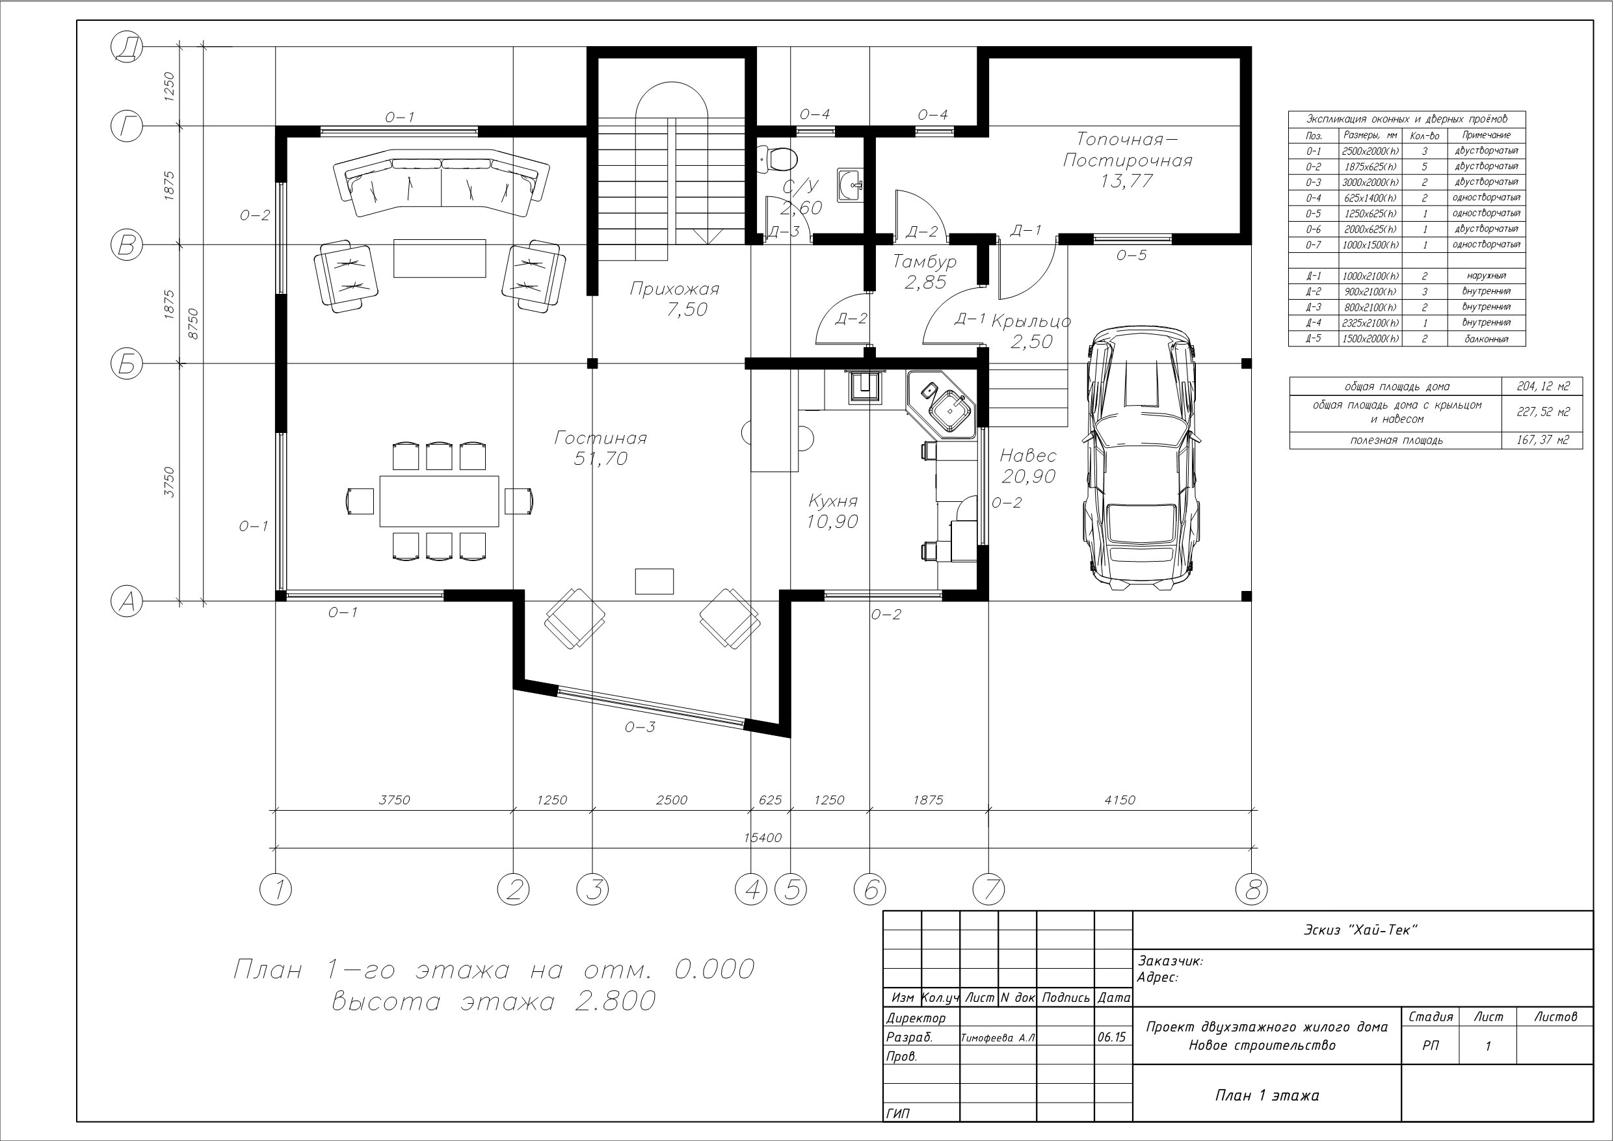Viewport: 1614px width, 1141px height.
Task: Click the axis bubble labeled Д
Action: click(x=127, y=48)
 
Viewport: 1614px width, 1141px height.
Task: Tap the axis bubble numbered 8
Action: click(x=1252, y=890)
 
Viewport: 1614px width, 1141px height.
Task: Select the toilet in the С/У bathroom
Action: click(x=775, y=158)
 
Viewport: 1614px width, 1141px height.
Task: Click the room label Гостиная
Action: click(x=600, y=438)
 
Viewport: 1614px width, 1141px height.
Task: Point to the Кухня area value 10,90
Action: click(x=832, y=521)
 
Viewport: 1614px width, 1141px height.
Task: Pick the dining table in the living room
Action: click(x=440, y=501)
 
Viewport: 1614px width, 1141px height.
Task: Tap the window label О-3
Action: click(x=640, y=727)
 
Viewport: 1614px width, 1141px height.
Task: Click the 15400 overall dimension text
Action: click(x=763, y=837)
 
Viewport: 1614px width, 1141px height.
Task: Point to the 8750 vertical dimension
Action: click(x=193, y=323)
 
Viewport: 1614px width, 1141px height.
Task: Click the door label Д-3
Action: click(x=783, y=231)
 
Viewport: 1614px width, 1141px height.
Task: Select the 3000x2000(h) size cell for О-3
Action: click(x=1370, y=182)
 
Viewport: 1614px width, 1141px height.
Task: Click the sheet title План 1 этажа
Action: click(x=1267, y=1095)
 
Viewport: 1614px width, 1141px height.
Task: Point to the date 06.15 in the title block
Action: click(x=1111, y=1037)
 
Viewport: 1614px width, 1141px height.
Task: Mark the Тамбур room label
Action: click(x=925, y=262)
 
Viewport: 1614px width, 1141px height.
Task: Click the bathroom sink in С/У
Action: click(x=851, y=185)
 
